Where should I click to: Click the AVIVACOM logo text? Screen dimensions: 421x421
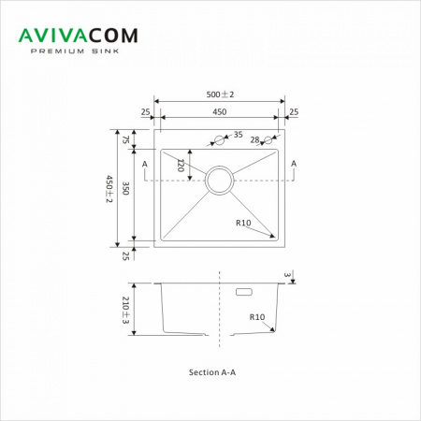(79, 36)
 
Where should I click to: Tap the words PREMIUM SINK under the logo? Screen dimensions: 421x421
(75, 51)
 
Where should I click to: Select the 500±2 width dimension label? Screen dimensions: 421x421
(220, 94)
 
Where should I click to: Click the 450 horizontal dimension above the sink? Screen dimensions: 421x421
(220, 111)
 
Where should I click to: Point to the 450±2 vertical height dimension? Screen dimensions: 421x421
(109, 189)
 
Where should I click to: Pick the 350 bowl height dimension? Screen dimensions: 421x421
(125, 188)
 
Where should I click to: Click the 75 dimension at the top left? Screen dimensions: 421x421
(125, 139)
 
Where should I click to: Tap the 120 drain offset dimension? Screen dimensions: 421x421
(181, 166)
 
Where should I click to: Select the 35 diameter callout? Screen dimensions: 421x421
(238, 135)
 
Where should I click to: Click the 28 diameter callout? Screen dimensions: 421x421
(254, 140)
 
